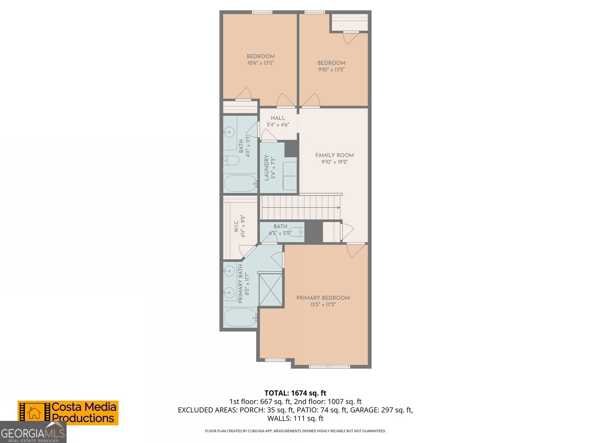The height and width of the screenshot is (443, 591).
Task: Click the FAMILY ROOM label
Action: click(334, 155)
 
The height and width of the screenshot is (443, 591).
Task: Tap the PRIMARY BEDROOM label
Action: click(323, 298)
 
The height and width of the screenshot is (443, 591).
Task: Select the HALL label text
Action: click(278, 118)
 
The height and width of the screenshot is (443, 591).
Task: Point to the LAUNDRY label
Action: click(267, 168)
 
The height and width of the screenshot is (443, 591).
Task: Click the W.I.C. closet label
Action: click(236, 226)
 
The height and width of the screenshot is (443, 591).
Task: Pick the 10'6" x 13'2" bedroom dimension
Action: click(260, 63)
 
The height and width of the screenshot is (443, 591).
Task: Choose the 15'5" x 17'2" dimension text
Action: click(323, 305)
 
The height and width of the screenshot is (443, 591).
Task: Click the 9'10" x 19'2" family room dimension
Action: click(334, 162)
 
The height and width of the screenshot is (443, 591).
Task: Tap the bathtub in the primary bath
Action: click(240, 317)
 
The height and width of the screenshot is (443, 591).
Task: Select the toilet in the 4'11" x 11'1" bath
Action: click(231, 161)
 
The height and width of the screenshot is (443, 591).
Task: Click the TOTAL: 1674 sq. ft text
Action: click(295, 393)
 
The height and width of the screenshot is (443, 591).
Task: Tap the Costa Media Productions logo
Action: click(68, 413)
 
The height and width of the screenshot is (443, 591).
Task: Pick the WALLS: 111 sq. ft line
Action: click(295, 418)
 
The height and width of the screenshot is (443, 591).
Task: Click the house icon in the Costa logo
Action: click(34, 413)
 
